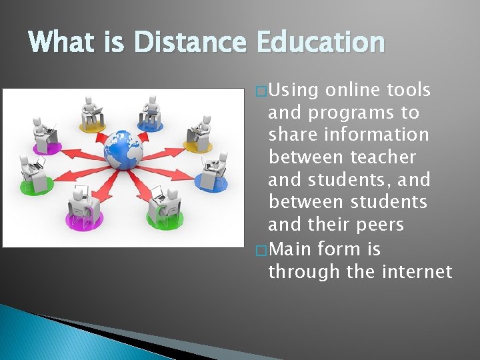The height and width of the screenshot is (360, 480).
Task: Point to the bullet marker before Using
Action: coord(261,90)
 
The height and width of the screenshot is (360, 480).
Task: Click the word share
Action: coord(291,135)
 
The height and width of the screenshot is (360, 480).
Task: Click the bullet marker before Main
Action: coord(261,250)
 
